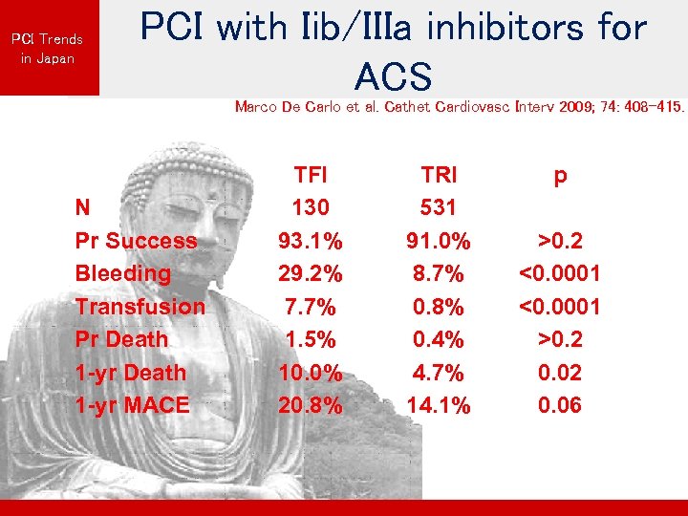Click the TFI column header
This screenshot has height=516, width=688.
(310, 175)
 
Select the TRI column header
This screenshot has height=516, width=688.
(439, 175)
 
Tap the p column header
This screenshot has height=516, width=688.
(560, 176)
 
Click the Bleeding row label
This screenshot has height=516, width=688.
(122, 273)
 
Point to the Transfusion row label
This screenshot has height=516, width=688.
(140, 307)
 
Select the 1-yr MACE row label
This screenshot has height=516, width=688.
(132, 405)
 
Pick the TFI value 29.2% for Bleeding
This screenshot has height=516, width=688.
(310, 273)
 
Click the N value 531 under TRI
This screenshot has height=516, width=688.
(439, 207)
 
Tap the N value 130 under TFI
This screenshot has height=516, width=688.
(310, 207)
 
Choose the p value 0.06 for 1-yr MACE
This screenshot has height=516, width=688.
(560, 405)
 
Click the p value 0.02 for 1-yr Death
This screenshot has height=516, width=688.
(560, 373)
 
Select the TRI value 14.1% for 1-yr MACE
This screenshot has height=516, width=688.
(439, 405)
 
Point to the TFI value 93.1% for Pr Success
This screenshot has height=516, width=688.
(310, 241)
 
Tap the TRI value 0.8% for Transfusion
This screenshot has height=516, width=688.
(439, 307)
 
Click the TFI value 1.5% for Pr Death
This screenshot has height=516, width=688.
(310, 339)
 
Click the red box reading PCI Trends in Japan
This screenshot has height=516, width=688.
(48, 48)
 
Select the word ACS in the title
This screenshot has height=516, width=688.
(393, 75)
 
